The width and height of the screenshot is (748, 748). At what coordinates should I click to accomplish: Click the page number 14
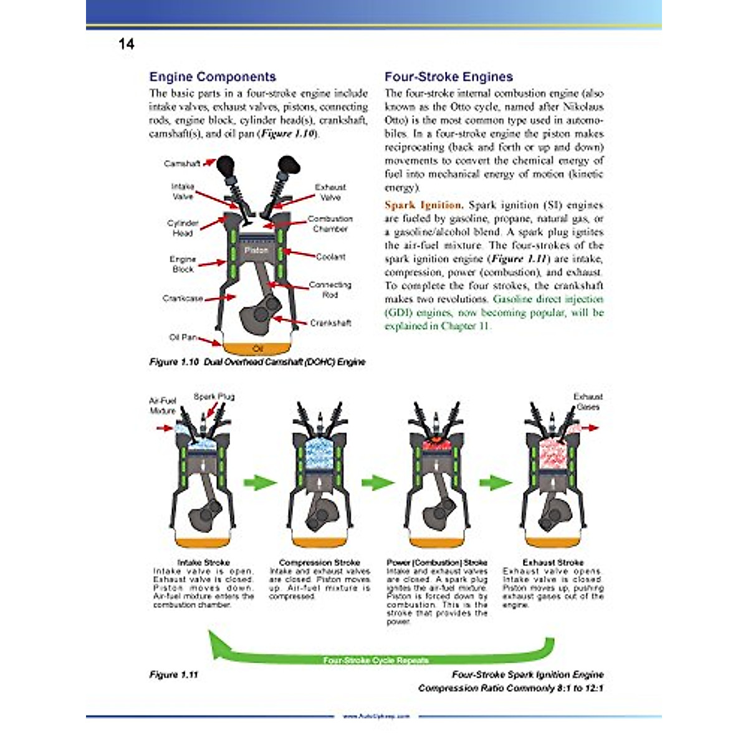[x=126, y=44]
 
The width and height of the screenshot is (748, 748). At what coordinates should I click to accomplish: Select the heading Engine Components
[x=213, y=77]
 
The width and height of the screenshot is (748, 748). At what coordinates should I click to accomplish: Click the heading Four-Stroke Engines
[x=448, y=77]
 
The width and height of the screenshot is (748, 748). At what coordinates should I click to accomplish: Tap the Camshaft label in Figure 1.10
[x=182, y=163]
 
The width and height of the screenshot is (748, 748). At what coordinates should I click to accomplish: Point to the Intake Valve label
[x=183, y=191]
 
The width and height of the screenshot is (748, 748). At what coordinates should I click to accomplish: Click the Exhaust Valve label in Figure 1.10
[x=330, y=192]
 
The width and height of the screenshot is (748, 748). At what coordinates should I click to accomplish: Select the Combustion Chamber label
[x=330, y=224]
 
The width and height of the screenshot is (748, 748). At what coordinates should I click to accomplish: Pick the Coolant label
[x=330, y=257]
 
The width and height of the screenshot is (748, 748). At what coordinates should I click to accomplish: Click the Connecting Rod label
[x=330, y=289]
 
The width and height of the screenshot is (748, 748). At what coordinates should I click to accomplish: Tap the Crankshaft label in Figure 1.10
[x=330, y=323]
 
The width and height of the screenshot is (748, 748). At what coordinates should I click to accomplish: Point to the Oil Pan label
[x=183, y=337]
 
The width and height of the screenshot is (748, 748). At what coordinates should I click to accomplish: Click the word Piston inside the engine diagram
[x=256, y=250]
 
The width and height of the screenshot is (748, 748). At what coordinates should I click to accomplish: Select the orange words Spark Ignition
[x=423, y=205]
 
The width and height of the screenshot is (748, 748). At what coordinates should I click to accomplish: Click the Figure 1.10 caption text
[x=257, y=362]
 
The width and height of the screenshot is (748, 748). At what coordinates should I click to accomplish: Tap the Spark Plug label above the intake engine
[x=214, y=396]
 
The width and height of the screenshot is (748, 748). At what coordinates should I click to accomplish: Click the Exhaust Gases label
[x=588, y=401]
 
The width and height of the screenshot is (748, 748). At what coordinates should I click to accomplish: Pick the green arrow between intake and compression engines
[x=259, y=482]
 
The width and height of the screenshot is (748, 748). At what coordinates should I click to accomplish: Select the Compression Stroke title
[x=319, y=562]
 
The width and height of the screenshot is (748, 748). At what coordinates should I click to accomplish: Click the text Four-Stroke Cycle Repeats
[x=376, y=660]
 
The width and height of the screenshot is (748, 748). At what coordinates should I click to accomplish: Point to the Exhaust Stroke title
[x=553, y=562]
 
